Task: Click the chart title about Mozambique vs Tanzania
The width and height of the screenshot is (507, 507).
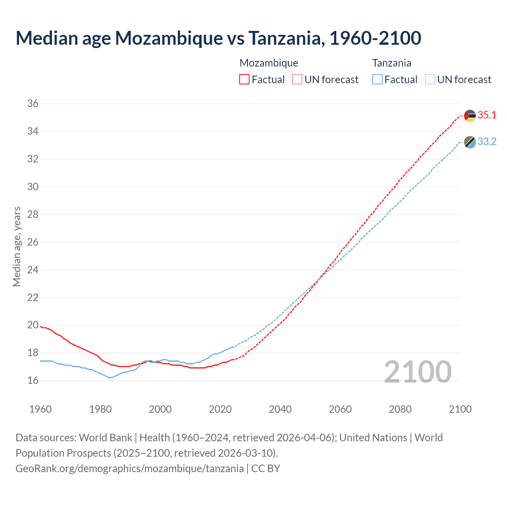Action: point(218,38)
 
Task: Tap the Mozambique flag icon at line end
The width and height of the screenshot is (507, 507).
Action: point(470,116)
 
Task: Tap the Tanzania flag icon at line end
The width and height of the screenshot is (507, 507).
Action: point(470,142)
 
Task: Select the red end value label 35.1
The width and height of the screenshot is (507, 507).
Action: point(487,115)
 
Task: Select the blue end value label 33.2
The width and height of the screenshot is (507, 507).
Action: point(487,141)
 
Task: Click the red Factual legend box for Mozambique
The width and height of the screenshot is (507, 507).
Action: point(244,80)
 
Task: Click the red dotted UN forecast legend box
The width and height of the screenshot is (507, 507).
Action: point(297,80)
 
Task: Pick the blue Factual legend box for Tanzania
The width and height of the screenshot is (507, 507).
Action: point(377,80)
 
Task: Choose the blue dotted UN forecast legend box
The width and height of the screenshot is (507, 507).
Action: point(430,80)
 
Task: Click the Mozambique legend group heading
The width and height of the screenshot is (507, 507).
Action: point(269,63)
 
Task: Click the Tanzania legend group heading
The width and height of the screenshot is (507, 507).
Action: point(391,63)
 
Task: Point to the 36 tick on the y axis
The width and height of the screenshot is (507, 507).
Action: point(33,103)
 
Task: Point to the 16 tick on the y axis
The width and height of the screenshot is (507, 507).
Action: point(33,380)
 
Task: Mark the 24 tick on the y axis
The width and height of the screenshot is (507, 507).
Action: point(33,270)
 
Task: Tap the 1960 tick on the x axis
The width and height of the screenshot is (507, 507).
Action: point(40,409)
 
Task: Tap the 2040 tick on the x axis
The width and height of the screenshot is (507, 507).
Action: point(280,409)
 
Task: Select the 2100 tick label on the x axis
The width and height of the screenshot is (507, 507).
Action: point(460,409)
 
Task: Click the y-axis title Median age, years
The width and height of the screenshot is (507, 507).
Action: point(17,246)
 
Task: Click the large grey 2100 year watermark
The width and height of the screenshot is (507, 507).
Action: point(417,372)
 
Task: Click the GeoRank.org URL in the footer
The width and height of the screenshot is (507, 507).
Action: point(130,469)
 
